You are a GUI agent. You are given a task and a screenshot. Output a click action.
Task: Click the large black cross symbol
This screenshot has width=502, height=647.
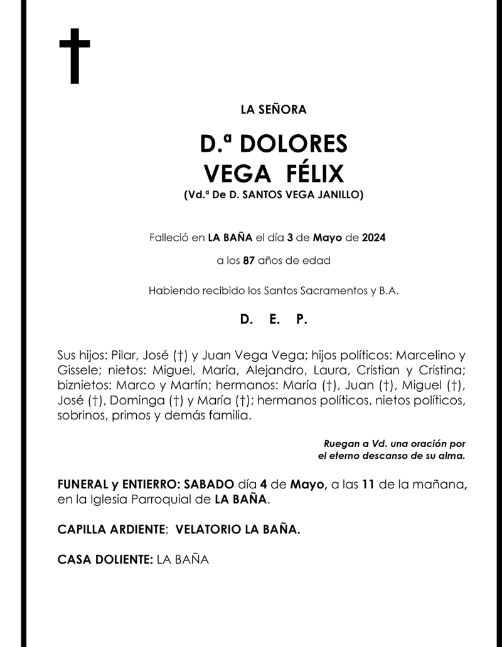click(75, 56)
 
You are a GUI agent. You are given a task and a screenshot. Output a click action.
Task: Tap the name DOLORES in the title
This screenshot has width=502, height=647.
click(294, 145)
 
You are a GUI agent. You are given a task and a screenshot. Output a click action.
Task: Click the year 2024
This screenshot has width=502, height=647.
click(373, 238)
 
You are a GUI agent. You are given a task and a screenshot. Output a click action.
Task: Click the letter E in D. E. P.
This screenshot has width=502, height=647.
click(274, 319)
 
